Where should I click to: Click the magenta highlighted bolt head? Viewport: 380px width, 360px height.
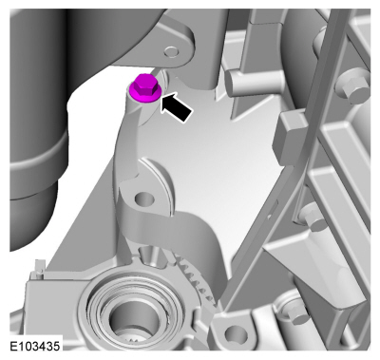(x=146, y=88)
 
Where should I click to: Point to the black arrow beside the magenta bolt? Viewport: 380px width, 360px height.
(x=176, y=106)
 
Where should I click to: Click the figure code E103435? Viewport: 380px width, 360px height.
(x=34, y=346)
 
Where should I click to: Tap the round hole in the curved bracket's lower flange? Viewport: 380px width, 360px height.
(x=144, y=199)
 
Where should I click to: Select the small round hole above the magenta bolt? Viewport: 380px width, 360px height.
(x=172, y=51)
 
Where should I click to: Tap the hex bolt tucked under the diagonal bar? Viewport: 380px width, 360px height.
(x=311, y=216)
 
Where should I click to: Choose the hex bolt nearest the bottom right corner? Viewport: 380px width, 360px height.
(x=297, y=311)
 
